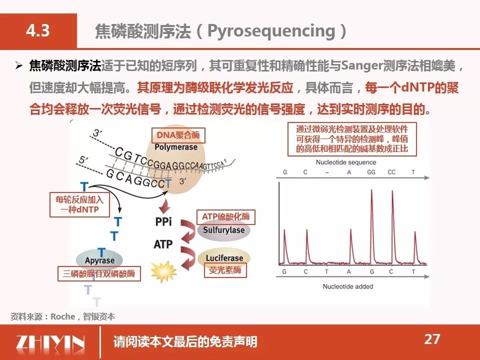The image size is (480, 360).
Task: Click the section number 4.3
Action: point(38,30)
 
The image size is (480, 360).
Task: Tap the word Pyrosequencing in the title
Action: point(271,31)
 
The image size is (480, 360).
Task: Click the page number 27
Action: point(432,339)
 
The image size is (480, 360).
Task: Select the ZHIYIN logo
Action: point(50,342)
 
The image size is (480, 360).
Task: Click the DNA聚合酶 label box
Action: point(178,135)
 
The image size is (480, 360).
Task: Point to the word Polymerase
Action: point(176,147)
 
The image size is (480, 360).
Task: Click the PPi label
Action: point(163,221)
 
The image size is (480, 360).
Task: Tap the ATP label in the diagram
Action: point(163,244)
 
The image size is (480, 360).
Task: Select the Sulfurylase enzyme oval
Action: point(224,230)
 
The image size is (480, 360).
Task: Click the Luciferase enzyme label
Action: point(224,258)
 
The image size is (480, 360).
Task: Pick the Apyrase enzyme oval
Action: point(99,260)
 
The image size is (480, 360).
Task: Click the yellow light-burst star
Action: point(164,271)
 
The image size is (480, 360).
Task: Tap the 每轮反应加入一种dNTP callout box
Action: point(79,205)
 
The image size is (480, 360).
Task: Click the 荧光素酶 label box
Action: point(225,270)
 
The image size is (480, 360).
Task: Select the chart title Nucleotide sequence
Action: point(346,162)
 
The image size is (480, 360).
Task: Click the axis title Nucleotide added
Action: point(348,286)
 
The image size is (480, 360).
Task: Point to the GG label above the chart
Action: point(371,172)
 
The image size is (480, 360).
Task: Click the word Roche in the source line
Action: point(63,316)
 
